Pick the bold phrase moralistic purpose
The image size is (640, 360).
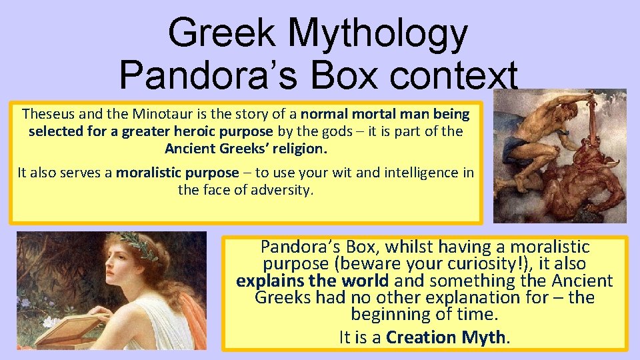click(x=177, y=173)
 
